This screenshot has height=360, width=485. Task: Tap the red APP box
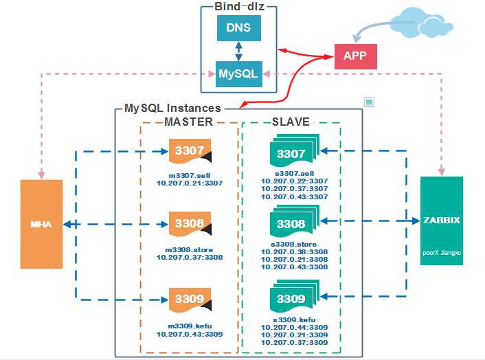[355, 56]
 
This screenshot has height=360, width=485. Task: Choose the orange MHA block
[41, 224]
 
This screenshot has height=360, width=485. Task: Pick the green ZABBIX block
[441, 224]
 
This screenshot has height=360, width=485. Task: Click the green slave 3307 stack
[293, 153]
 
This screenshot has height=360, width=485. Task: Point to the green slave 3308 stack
[293, 225]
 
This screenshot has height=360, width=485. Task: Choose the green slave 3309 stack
[293, 299]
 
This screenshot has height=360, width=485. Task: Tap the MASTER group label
[189, 122]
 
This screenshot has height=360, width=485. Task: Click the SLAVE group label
[291, 122]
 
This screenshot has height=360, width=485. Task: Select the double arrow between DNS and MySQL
[237, 50]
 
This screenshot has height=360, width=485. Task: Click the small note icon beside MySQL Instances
[369, 102]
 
